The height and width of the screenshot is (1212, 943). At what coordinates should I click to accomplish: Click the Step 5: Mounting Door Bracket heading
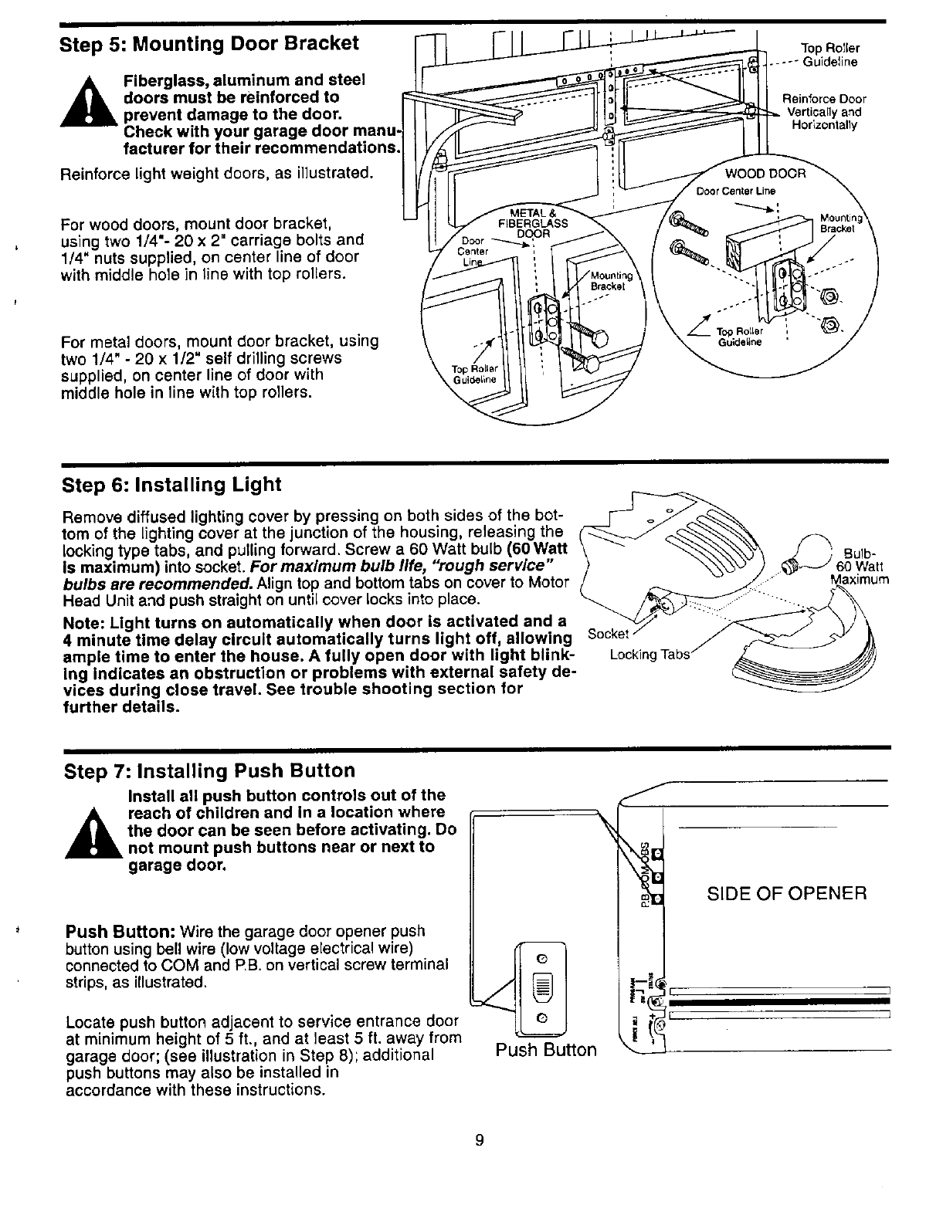coord(209,43)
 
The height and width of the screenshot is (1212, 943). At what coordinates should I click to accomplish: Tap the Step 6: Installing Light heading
coord(171,485)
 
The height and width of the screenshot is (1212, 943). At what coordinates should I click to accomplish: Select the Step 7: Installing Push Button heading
coord(209,771)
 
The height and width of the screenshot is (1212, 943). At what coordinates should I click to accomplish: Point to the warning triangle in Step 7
coord(92,833)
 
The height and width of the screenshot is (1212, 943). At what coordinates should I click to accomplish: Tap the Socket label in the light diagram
coord(608,634)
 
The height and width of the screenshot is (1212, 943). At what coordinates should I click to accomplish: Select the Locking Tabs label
coord(649,655)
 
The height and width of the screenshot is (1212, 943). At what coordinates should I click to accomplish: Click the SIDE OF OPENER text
coord(787,894)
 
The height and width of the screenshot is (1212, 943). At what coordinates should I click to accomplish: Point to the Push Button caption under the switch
coord(546,1050)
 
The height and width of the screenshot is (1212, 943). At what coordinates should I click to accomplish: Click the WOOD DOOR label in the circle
coord(765,174)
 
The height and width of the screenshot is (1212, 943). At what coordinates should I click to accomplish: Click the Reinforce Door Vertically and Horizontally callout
coord(824,112)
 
